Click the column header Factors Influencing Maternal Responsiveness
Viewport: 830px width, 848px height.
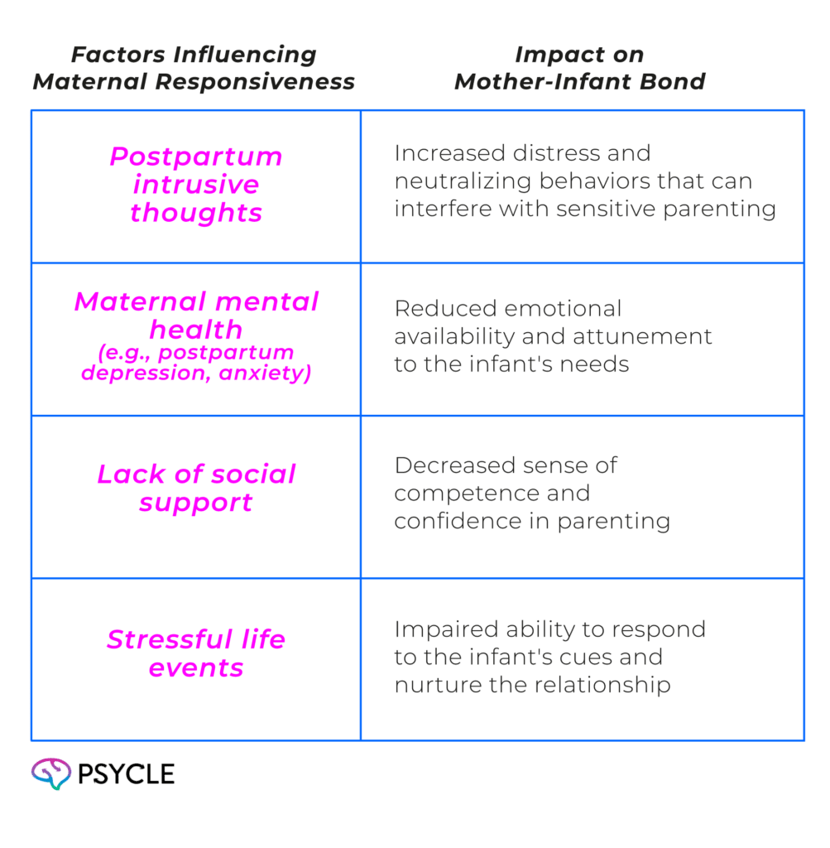[x=194, y=69]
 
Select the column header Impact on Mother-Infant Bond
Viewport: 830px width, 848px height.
[x=579, y=69]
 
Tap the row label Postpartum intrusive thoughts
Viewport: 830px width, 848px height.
[x=195, y=185]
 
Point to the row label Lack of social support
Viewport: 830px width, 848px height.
[x=196, y=489]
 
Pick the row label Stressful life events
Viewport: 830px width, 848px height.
[x=196, y=653]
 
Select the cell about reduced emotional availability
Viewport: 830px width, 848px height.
[x=553, y=336]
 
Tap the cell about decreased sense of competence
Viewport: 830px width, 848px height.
[x=531, y=493]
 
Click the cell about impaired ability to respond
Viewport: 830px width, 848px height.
[x=549, y=657]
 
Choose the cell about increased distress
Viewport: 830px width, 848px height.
[x=584, y=181]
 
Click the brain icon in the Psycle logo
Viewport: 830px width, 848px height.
[x=50, y=773]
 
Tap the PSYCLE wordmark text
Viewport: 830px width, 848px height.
[x=125, y=774]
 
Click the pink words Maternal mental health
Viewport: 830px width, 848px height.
[x=196, y=316]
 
